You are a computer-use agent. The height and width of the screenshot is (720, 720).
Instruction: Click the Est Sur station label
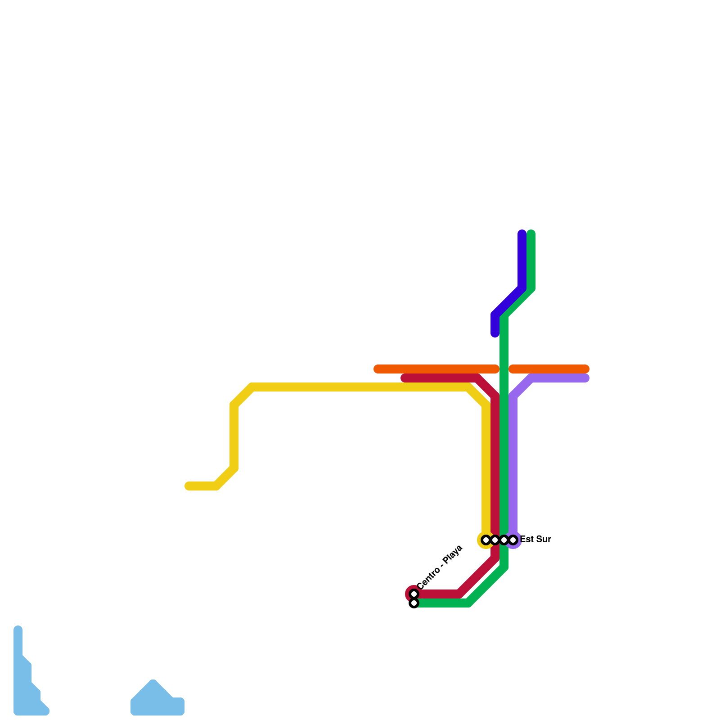tap(535, 539)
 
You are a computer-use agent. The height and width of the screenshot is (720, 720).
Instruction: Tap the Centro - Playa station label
tap(440, 567)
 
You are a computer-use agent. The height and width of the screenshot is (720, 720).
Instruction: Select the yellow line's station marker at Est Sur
tap(486, 540)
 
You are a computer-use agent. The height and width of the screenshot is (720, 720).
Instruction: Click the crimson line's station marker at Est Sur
tap(495, 540)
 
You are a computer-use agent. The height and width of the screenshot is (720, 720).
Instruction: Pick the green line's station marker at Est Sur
tap(504, 540)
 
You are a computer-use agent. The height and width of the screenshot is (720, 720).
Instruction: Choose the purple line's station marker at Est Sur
tap(513, 540)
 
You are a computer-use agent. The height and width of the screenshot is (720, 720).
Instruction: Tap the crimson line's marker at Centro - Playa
tap(414, 594)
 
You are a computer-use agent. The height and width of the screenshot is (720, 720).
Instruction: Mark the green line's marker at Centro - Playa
tap(414, 603)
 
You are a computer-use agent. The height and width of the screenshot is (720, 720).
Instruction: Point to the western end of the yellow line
tap(189, 486)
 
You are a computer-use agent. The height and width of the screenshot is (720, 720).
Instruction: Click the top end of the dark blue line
tap(522, 234)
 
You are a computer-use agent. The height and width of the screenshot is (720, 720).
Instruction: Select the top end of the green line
tap(531, 234)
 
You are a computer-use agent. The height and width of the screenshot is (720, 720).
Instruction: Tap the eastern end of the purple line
tap(585, 378)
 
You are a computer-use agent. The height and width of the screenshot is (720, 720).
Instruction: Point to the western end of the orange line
tap(378, 369)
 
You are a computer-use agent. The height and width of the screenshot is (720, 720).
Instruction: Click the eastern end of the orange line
tap(585, 369)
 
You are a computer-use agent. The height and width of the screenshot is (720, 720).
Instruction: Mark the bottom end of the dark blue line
tap(495, 333)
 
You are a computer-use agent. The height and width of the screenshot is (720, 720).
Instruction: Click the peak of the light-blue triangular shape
tap(153, 684)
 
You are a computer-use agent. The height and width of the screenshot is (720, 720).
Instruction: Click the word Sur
tap(544, 539)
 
